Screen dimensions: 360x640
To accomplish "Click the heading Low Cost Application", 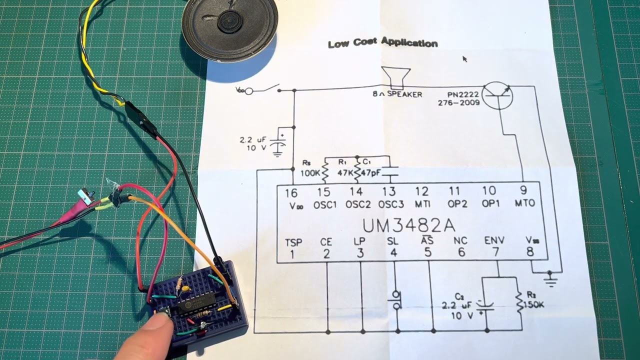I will click(x=382, y=43).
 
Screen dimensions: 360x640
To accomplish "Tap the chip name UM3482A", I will click(x=408, y=225).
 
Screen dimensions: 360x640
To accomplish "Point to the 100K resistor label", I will click(x=310, y=172).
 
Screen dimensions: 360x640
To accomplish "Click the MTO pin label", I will click(x=524, y=203).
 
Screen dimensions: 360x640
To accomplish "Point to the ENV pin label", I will click(x=494, y=241).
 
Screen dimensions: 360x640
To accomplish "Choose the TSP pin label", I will click(x=293, y=242).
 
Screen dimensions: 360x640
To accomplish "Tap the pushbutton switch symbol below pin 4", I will click(x=396, y=300).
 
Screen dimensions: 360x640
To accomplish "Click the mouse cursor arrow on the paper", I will click(x=464, y=58).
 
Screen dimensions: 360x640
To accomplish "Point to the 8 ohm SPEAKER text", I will click(x=397, y=94).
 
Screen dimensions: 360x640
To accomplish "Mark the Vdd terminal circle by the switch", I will click(x=248, y=90).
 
